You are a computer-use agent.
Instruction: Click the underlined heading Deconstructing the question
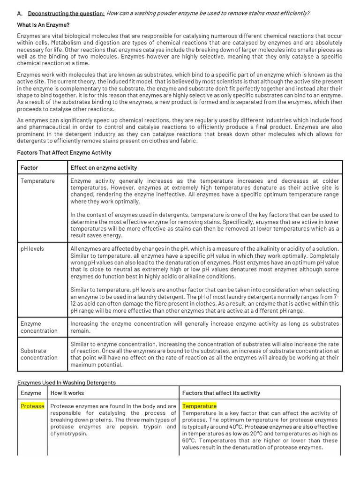click(66, 13)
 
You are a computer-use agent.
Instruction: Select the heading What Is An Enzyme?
click(44, 24)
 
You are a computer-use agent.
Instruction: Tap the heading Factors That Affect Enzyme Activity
click(64, 152)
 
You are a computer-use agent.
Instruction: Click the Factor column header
click(30, 167)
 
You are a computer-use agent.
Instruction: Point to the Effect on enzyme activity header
click(104, 167)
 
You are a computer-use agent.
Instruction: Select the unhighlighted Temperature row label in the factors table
click(37, 181)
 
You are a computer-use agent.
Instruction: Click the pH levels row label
click(32, 248)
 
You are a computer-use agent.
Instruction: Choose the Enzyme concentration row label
click(39, 327)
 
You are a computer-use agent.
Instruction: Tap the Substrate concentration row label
click(39, 354)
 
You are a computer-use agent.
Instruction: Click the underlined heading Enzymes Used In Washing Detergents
click(66, 382)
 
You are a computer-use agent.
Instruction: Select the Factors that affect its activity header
click(221, 393)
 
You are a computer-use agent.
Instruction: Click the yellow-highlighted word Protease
click(32, 406)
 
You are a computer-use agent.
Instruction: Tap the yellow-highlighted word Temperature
click(199, 406)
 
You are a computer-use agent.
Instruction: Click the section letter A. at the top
click(20, 13)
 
